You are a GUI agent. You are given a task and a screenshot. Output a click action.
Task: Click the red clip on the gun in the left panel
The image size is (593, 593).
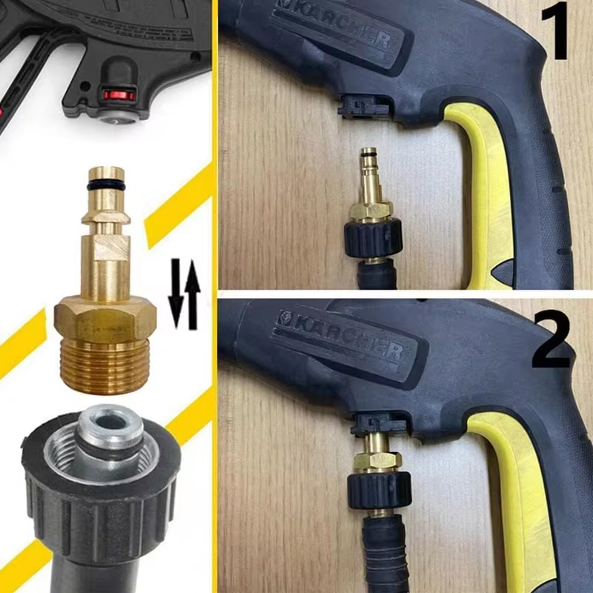[x=119, y=95]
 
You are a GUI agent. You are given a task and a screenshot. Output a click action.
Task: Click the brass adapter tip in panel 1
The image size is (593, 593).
[x=368, y=167]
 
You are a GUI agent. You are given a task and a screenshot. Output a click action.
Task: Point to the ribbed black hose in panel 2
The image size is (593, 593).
[x=384, y=556]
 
